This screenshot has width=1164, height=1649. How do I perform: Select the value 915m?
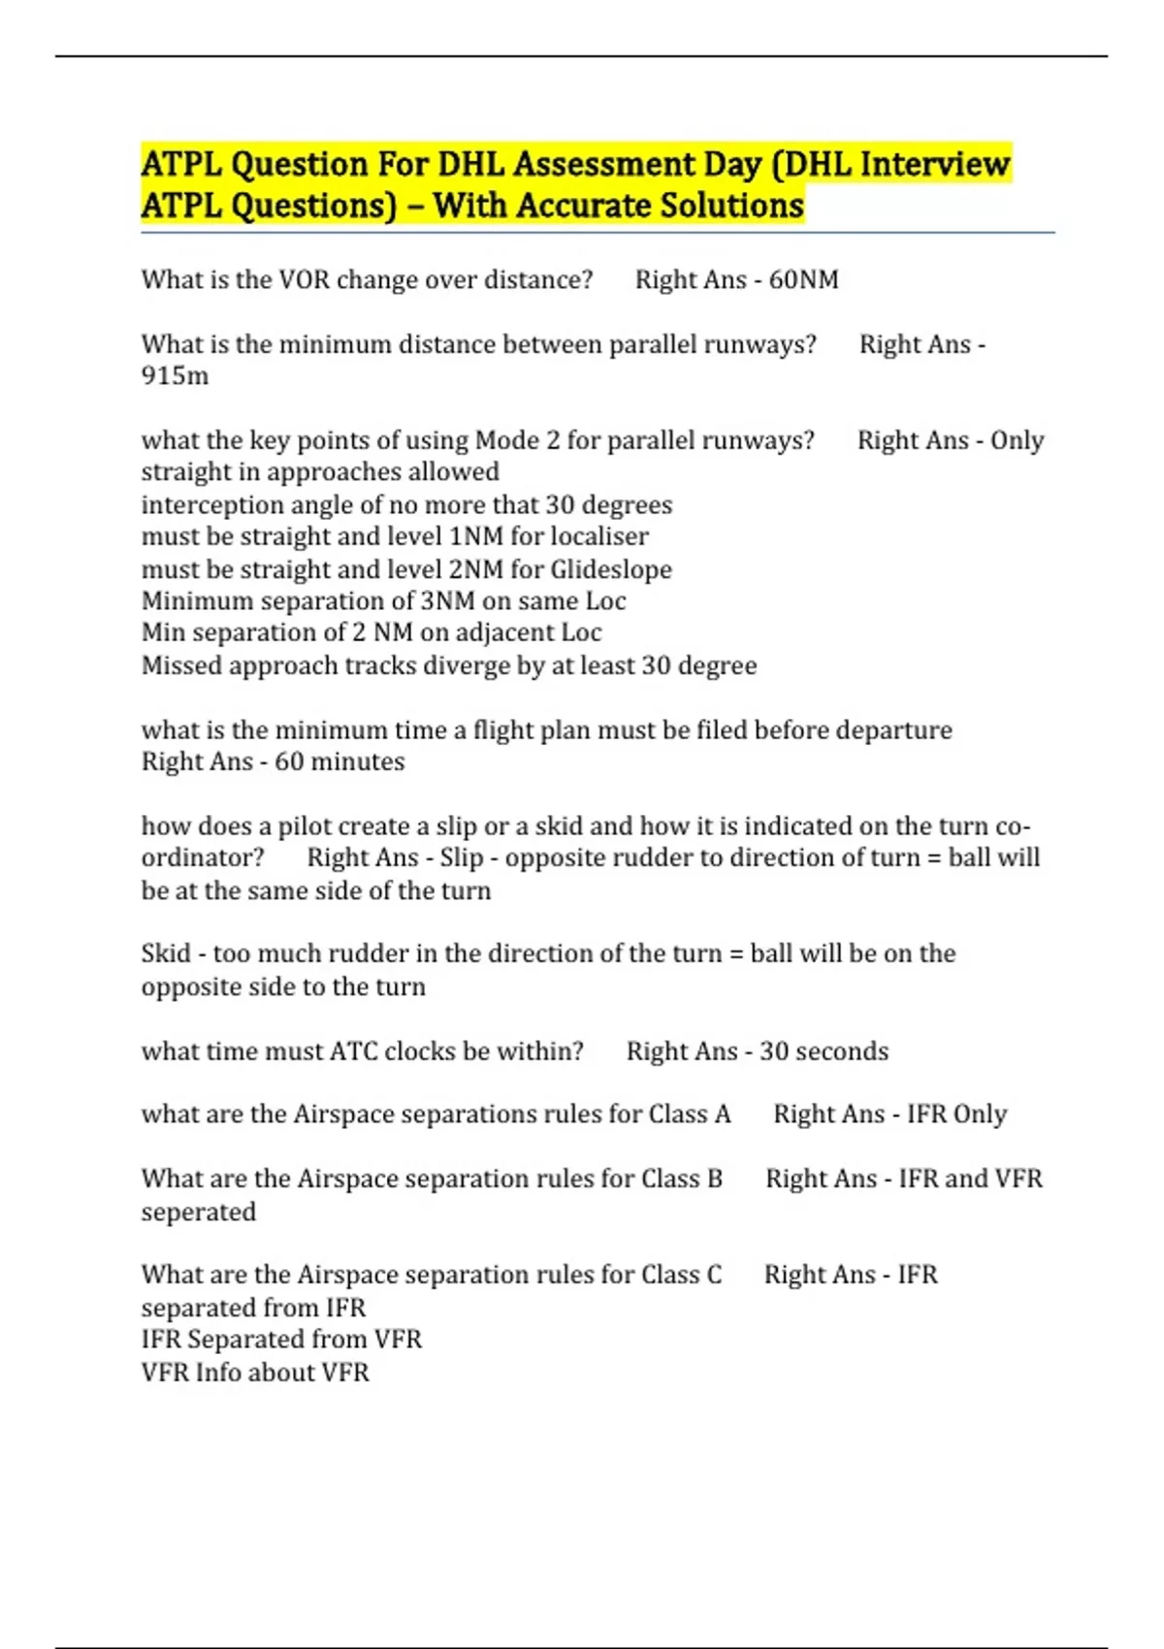click(175, 376)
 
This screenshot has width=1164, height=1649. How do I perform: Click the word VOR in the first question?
click(305, 280)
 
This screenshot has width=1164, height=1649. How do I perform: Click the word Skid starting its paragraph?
click(166, 954)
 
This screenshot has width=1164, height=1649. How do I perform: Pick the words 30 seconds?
click(824, 1051)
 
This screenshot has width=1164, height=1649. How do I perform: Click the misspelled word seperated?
click(199, 1212)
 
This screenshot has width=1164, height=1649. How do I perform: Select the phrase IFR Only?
click(956, 1115)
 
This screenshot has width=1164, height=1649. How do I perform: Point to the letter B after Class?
click(715, 1179)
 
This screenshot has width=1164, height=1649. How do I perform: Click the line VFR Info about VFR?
click(255, 1373)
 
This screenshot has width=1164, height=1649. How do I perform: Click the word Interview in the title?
click(935, 165)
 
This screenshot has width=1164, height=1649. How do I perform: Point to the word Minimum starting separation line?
click(197, 601)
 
